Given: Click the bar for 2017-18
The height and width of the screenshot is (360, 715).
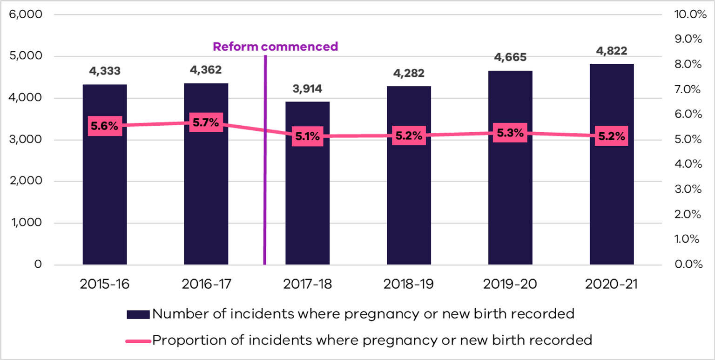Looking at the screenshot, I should tap(307, 205).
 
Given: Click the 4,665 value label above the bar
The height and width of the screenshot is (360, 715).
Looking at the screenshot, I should tap(510, 58).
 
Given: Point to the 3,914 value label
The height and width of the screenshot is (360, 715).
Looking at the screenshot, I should tap(307, 89).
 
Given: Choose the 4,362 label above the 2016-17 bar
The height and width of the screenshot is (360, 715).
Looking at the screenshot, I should tap(206, 71).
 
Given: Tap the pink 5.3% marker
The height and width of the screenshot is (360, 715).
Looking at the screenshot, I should tap(510, 133).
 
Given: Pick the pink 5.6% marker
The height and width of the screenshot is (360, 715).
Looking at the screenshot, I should tap(105, 126).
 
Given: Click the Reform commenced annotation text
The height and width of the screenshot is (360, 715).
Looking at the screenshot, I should tap(275, 47).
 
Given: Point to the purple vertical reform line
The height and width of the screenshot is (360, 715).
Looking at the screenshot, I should tap(265, 186).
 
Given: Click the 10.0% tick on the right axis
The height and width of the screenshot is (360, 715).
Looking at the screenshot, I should tap(687, 14).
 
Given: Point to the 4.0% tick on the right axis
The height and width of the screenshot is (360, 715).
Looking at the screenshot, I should tap(687, 164).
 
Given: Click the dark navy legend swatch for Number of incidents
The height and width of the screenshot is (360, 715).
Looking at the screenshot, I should tap(138, 314).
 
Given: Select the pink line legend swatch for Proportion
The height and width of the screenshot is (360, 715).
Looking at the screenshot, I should tap(138, 340).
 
